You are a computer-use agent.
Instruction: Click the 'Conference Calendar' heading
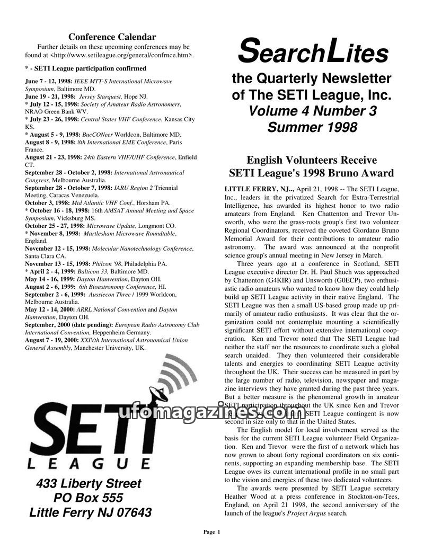point(112,37)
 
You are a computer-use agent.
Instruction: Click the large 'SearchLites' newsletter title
point(313,53)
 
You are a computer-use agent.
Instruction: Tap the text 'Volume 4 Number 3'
point(312,111)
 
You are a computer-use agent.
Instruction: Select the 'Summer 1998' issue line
point(312,128)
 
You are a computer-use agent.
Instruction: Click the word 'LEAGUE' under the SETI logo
point(88,464)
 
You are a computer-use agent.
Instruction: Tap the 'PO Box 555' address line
point(89,498)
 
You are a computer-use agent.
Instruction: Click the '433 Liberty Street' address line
point(89,483)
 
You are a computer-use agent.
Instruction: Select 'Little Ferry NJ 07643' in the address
point(90,513)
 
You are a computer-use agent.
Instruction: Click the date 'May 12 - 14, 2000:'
point(50,309)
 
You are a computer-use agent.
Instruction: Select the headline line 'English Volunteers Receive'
point(312,160)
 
